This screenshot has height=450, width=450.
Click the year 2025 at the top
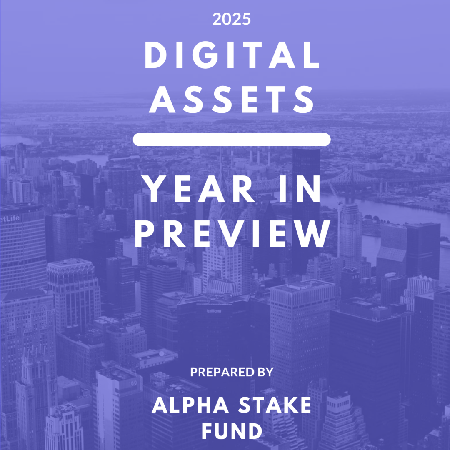[x=232, y=19]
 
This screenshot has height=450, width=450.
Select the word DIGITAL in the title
[x=232, y=55]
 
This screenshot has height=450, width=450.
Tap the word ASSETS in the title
[x=232, y=99]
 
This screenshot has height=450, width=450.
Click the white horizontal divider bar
[x=232, y=140]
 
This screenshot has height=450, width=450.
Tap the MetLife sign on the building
[x=10, y=219]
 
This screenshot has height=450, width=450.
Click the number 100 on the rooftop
[x=133, y=384]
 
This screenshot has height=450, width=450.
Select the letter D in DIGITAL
[x=156, y=55]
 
